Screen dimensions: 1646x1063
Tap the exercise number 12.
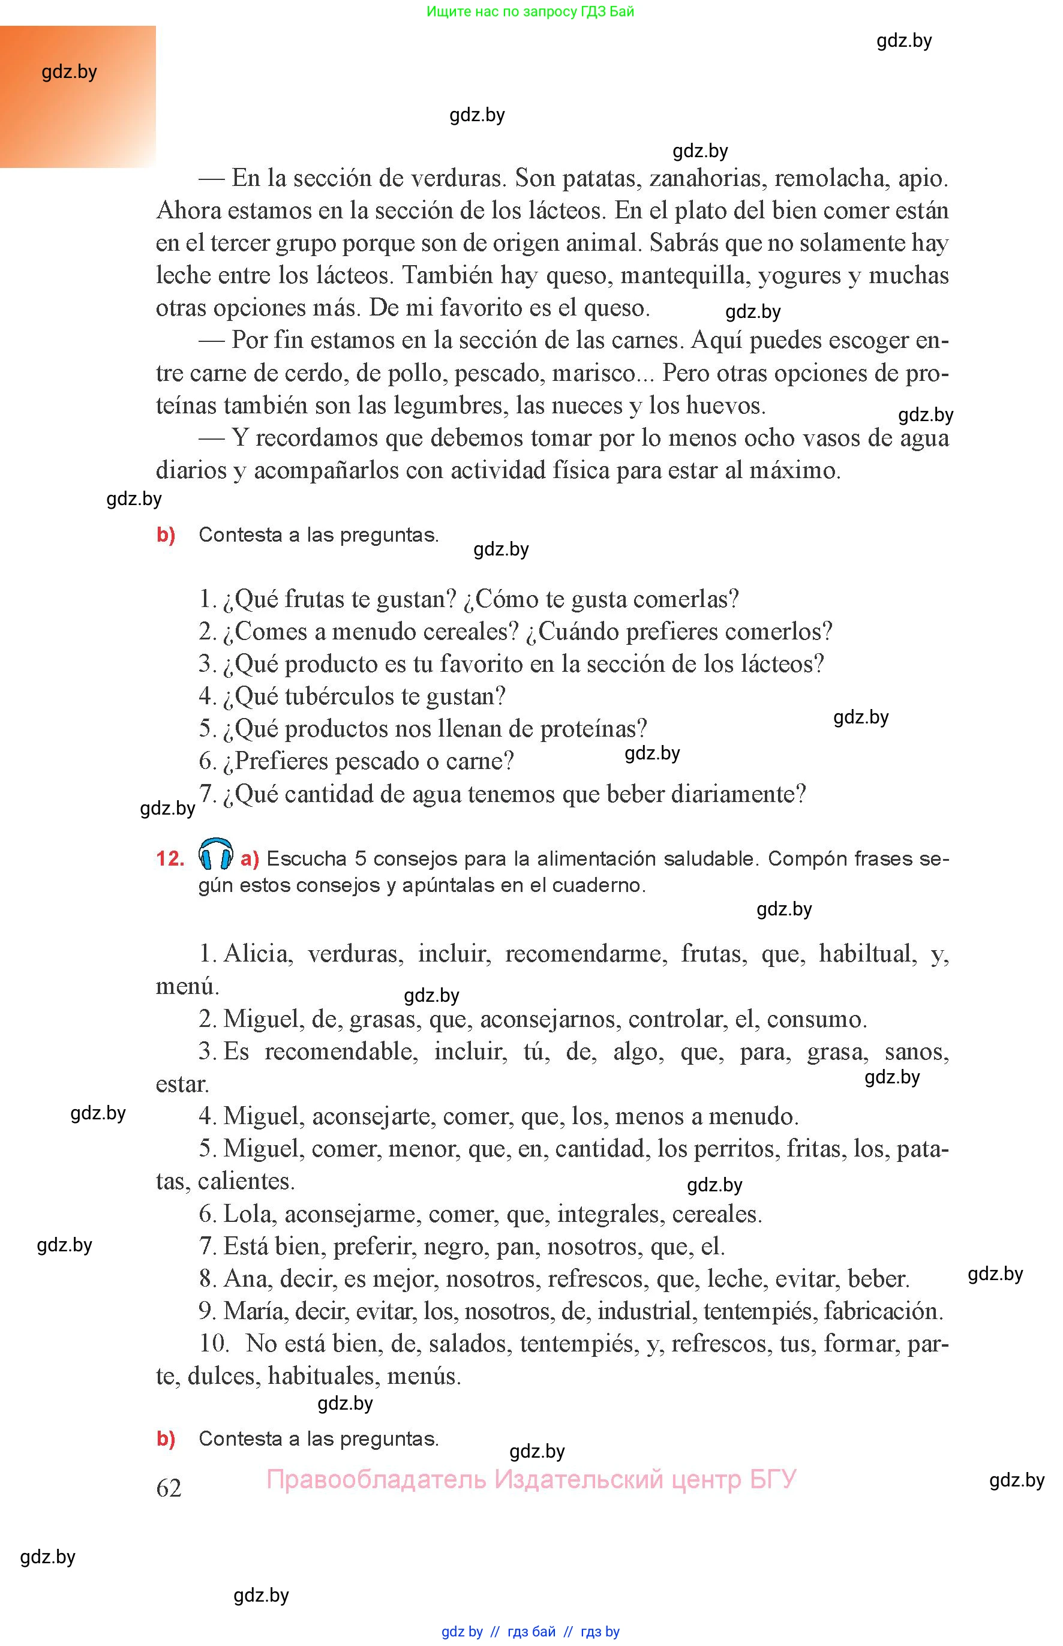(170, 858)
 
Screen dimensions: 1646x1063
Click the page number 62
(169, 1488)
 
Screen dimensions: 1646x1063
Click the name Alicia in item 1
(256, 954)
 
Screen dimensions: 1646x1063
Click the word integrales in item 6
(608, 1214)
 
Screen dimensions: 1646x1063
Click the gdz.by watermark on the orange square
(69, 72)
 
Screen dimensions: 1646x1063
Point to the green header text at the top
(530, 11)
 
